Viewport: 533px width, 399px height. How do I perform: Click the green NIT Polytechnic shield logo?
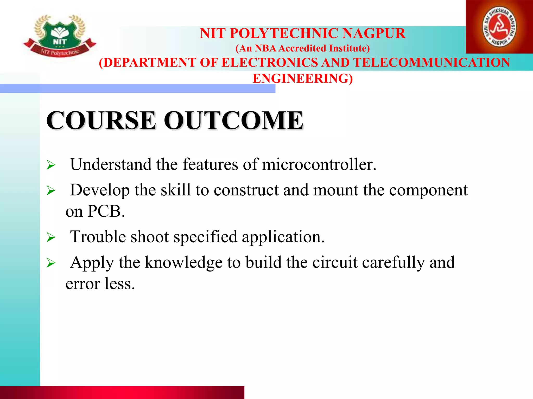click(x=60, y=35)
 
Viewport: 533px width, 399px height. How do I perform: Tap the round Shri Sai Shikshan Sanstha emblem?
click(x=499, y=27)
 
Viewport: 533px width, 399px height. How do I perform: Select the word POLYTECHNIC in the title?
click(x=284, y=34)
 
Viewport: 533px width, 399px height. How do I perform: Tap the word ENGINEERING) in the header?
click(x=303, y=78)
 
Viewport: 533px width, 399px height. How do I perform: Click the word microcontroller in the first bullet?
click(x=319, y=164)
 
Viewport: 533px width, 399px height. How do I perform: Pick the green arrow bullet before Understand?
click(x=51, y=165)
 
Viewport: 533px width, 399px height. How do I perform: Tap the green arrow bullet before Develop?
click(x=51, y=191)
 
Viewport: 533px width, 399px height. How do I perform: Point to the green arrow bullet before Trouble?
click(x=51, y=237)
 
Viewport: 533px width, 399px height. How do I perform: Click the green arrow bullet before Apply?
click(x=51, y=263)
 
